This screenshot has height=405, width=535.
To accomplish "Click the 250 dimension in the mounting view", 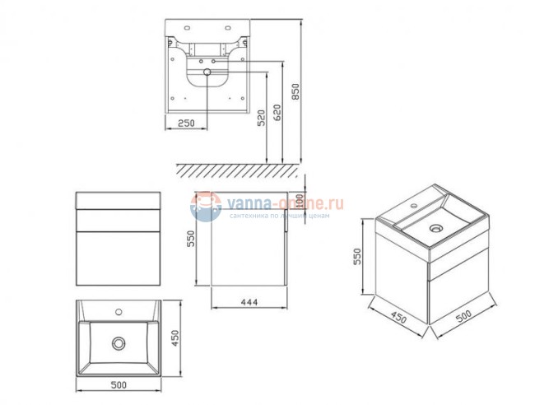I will point(185,122).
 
